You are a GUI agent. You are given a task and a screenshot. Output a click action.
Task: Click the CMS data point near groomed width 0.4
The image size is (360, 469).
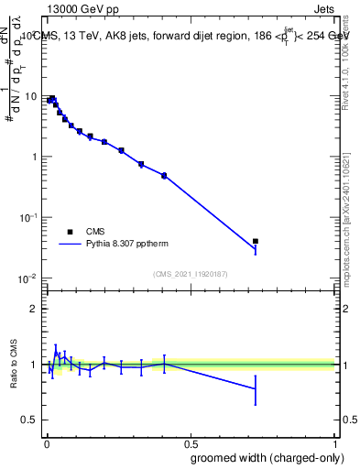tap(164, 175)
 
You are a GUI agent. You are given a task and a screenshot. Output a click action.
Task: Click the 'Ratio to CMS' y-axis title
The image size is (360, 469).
tap(13, 364)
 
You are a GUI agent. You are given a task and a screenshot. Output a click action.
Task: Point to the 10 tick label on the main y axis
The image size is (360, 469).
tap(31, 96)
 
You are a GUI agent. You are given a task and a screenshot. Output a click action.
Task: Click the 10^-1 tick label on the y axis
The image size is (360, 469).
tap(29, 217)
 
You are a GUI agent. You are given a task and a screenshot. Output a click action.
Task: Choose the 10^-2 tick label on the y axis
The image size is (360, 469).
tap(29, 278)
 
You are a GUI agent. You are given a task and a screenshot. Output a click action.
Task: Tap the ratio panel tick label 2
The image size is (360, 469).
tap(36, 309)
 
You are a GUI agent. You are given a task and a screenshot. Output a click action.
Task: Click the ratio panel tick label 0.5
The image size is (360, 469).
tap(31, 420)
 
